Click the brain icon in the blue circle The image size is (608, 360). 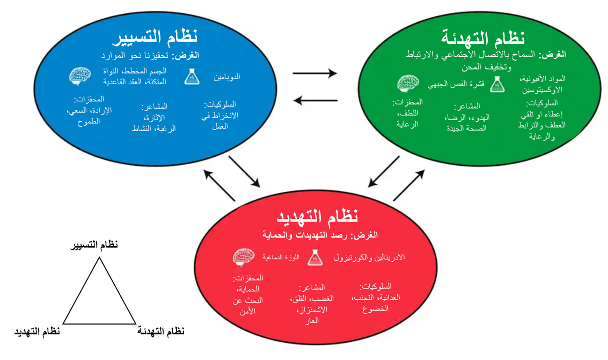pos(80,76)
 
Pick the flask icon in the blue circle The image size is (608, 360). pos(192,77)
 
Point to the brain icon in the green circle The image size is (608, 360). pos(408,84)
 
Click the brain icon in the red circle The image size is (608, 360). pos(244,257)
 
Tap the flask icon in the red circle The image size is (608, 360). pos(314,256)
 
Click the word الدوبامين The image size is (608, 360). pos(228,77)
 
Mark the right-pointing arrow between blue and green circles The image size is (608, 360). pos(315,74)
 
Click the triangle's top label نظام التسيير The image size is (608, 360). pos(97,246)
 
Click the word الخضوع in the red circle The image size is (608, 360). pos(375,309)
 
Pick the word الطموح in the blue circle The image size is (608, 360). pos(89,121)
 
